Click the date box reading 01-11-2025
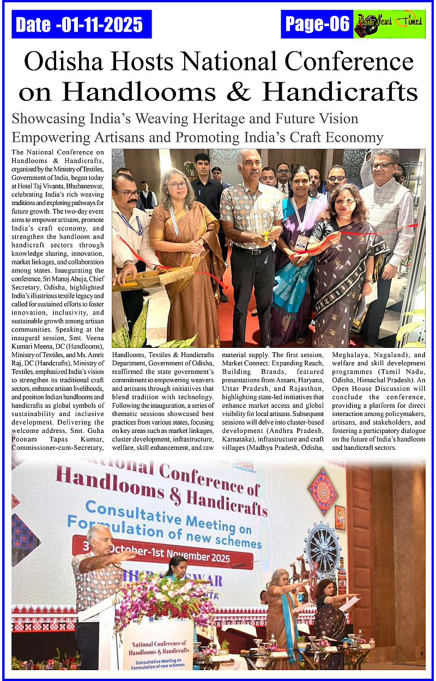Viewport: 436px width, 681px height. [81, 24]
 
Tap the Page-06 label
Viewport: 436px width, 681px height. [317, 24]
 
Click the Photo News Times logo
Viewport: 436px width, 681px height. [389, 25]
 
